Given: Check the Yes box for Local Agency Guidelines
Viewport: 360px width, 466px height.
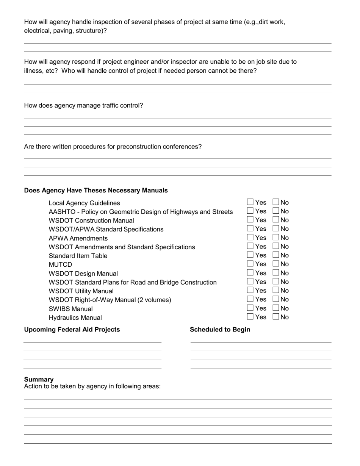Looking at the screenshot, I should point(250,202).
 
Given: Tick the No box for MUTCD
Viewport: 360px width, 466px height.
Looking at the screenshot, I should point(276,264).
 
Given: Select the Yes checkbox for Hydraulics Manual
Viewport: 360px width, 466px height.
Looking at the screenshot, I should point(250,317).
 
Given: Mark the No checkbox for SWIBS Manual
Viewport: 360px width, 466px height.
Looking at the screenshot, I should point(276,308).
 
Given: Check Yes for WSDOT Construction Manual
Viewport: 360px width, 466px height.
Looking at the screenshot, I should point(250,220).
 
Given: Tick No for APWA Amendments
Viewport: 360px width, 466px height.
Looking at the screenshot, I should point(276,238).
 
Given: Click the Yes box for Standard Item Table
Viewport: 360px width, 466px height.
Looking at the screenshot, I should point(250,255).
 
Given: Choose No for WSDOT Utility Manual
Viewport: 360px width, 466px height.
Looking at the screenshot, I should point(276,290).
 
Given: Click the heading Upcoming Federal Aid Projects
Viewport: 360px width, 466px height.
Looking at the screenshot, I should point(72,330).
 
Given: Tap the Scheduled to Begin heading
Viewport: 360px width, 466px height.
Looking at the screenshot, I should point(220,330).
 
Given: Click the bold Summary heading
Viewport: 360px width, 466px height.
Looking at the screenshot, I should point(39,379).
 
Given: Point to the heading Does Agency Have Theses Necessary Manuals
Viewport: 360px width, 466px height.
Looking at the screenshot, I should point(96,190).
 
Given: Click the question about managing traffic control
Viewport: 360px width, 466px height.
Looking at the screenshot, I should point(83,105).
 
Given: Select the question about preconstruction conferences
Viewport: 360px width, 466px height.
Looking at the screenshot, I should point(113,147).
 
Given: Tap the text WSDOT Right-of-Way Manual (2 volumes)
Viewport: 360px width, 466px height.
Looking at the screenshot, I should point(110,300).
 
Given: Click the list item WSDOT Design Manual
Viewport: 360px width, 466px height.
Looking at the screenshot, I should point(83,274).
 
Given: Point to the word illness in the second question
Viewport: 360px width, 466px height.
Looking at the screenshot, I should point(33,71).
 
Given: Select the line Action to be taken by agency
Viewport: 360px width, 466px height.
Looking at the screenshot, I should point(92,386).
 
